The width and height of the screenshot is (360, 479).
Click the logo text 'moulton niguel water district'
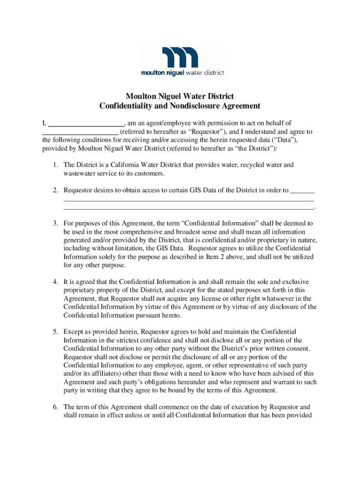[183, 73]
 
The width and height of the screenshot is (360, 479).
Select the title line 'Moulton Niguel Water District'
[180, 97]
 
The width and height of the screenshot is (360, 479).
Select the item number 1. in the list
[55, 165]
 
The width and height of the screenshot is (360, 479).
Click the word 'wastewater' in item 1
[79, 174]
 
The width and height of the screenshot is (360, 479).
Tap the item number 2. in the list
[55, 190]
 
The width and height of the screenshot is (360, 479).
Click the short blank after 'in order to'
[302, 191]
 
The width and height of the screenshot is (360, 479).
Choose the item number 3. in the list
[55, 224]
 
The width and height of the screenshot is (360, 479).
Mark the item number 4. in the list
[55, 282]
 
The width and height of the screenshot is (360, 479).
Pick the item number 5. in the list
[55, 332]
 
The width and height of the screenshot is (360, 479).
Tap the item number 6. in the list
[55, 407]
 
